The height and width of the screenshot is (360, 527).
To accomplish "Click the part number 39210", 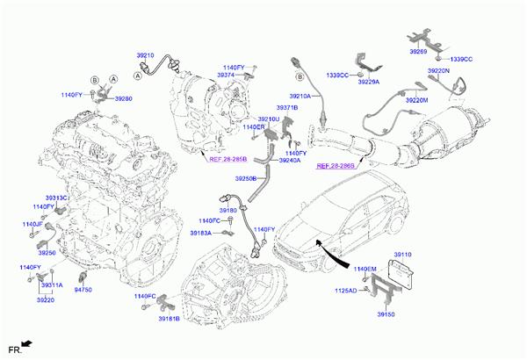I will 146,54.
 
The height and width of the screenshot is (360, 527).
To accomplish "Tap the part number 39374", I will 227,76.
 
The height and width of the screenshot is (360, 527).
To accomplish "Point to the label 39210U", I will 269,119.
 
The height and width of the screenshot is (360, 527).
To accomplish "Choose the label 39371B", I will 286,107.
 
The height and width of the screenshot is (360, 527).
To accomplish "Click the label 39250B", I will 247,178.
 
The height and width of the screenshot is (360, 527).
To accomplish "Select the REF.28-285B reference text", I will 227,160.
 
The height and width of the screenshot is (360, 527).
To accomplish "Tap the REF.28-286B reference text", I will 336,165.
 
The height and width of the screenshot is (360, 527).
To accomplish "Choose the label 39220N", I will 438,70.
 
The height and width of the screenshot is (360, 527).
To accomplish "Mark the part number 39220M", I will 416,101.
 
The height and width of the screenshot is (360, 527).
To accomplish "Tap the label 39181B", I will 169,319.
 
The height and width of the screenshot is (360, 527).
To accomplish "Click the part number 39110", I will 402,255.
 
